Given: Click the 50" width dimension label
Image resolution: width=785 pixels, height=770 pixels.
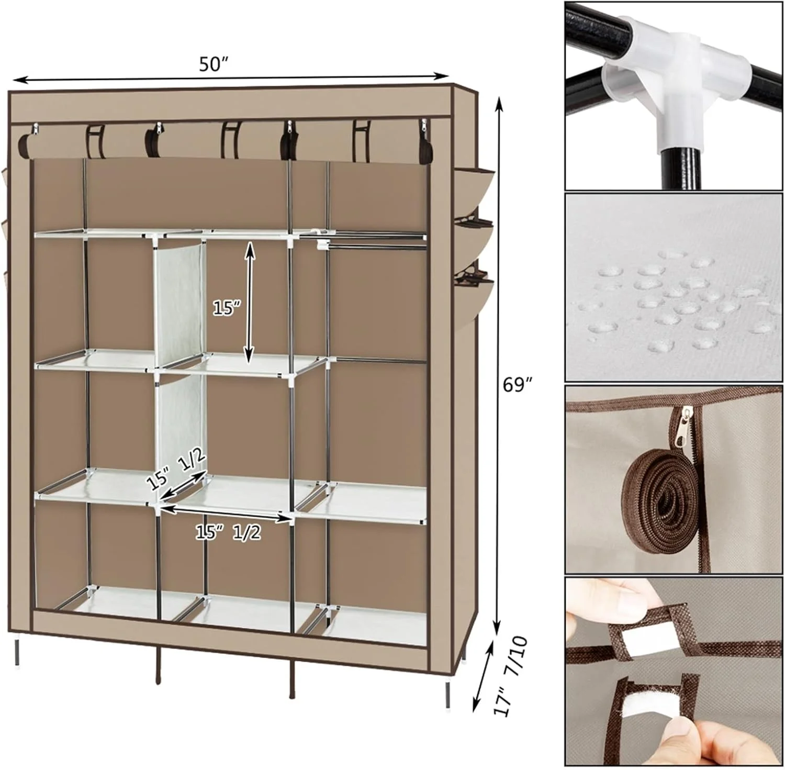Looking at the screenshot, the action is point(214,64).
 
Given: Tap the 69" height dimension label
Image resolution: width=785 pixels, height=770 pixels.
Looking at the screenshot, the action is point(518,384).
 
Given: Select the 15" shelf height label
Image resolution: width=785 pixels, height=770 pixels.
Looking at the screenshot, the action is point(226,308).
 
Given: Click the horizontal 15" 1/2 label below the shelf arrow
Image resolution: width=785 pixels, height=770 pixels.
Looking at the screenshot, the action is point(228,532).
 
